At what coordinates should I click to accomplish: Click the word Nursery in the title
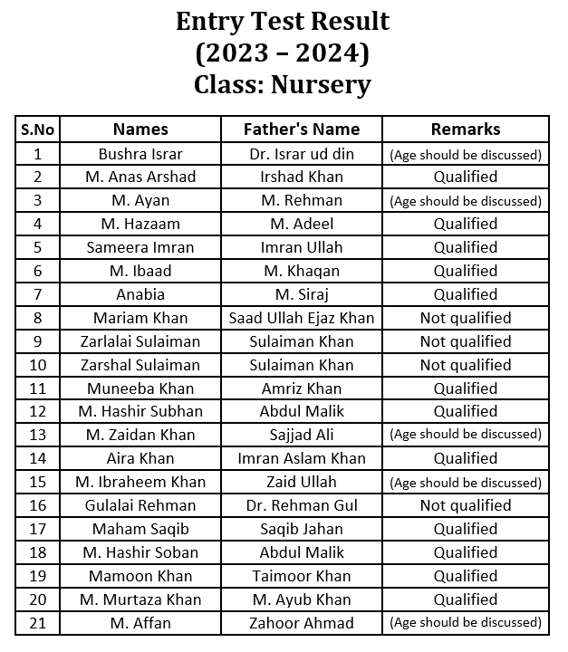[x=320, y=85]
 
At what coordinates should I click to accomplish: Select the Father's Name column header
[x=302, y=129]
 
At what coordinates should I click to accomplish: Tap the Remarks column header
[x=466, y=129]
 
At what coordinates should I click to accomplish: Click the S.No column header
[x=37, y=129]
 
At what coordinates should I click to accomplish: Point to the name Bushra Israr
[x=140, y=154]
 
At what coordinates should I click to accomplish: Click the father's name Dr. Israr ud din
[x=302, y=154]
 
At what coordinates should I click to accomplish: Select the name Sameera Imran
[x=140, y=247]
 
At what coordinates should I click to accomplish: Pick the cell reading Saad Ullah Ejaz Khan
[x=302, y=318]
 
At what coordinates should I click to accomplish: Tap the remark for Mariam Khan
[x=466, y=318]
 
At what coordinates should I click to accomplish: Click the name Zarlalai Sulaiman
[x=140, y=341]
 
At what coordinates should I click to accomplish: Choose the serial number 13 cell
[x=37, y=435]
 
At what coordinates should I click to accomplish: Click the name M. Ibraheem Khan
[x=140, y=482]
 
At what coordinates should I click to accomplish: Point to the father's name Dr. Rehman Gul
[x=302, y=505]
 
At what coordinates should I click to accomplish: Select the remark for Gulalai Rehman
[x=466, y=505]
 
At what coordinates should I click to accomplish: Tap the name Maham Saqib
[x=140, y=529]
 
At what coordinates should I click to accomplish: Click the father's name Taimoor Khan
[x=302, y=576]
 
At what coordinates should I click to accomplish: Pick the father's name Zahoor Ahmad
[x=302, y=623]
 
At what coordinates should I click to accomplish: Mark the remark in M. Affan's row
[x=466, y=623]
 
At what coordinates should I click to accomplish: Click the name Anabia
[x=140, y=294]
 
